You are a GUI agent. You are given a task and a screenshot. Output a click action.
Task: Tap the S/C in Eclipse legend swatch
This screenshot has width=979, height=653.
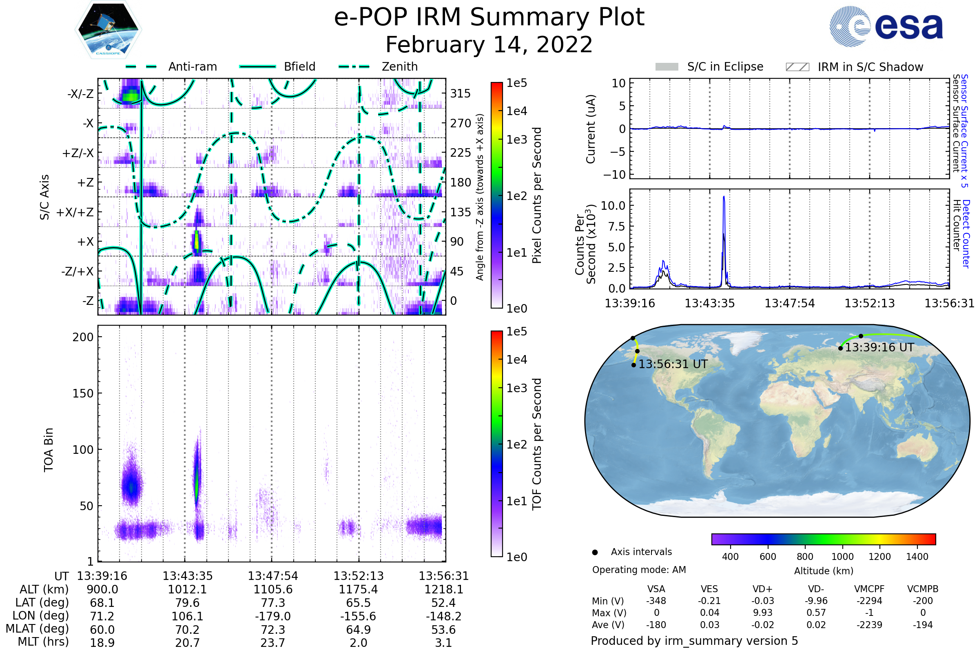coord(667,67)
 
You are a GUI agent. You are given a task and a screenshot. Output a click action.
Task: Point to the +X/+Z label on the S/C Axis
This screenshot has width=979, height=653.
coord(75,212)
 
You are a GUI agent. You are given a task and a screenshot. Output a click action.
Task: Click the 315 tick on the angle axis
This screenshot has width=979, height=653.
coord(460,93)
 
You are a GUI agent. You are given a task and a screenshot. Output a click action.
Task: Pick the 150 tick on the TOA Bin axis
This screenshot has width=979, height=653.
coord(83,393)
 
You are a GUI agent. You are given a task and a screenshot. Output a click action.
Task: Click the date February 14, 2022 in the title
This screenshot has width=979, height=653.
coord(489,45)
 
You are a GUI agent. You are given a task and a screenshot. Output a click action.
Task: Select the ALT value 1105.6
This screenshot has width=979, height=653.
coord(273,590)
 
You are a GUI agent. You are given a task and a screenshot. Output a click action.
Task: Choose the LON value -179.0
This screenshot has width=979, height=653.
coord(273,616)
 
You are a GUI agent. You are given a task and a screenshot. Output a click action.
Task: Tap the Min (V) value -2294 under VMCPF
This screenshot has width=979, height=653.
coord(869,601)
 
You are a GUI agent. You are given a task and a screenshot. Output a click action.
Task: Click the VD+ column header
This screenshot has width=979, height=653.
coord(762,589)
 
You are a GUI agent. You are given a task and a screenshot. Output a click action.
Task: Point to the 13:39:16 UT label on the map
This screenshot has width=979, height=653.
coord(879,348)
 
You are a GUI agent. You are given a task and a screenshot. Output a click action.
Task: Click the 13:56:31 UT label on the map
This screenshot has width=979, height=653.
coord(673,364)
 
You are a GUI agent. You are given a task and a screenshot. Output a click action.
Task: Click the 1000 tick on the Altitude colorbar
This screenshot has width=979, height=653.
coord(842,557)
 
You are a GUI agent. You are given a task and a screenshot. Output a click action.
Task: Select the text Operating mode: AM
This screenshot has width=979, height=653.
coord(639,570)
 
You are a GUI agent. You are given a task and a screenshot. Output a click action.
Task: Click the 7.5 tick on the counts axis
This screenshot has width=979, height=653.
coord(617,227)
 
